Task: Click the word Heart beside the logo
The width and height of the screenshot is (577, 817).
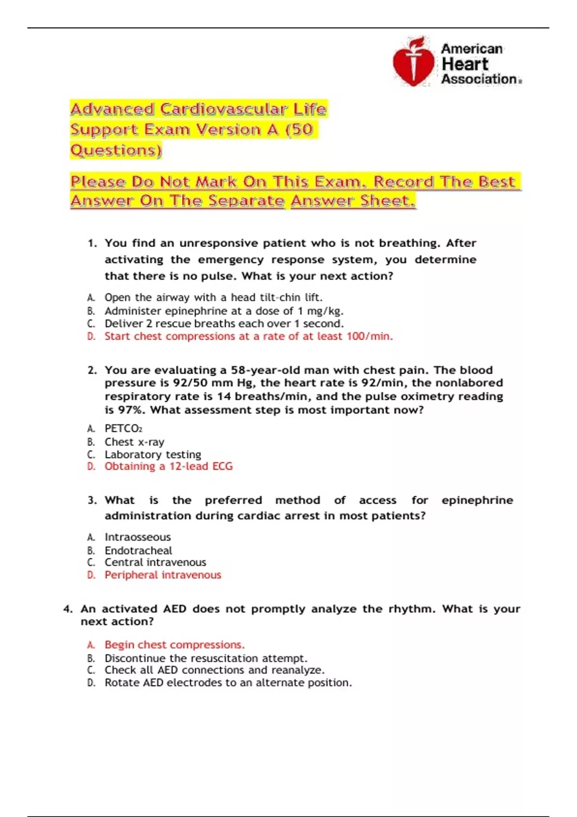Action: [x=464, y=64]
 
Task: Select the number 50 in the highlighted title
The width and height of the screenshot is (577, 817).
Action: [x=301, y=130]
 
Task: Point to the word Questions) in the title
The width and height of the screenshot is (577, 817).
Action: [x=116, y=150]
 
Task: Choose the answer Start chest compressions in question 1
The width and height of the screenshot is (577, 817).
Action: [x=249, y=336]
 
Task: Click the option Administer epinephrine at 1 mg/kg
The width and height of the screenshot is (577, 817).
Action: [x=224, y=311]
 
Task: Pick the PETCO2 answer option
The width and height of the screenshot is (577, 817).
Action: [x=123, y=428]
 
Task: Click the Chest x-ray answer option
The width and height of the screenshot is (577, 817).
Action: [x=134, y=442]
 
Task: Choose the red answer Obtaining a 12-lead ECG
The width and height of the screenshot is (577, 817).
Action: [x=168, y=466]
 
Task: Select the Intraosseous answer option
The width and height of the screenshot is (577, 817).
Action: [x=138, y=537]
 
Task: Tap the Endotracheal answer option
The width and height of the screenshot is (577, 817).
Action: [x=138, y=550]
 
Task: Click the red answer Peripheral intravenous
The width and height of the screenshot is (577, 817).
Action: [x=163, y=575]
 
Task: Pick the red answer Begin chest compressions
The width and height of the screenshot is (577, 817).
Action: [x=175, y=644]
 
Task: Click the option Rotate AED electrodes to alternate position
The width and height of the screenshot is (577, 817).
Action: [x=228, y=682]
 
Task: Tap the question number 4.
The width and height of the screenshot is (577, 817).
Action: [x=68, y=609]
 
